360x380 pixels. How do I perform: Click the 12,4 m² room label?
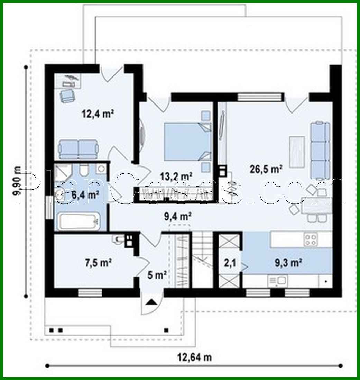98,114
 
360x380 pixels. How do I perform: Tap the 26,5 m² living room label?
266,169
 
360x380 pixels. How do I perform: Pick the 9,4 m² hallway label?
178,217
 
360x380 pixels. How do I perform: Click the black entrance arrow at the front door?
151,302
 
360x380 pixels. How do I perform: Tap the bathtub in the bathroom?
79,222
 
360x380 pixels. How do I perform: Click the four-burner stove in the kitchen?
311,239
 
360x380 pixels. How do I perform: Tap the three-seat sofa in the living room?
320,150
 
